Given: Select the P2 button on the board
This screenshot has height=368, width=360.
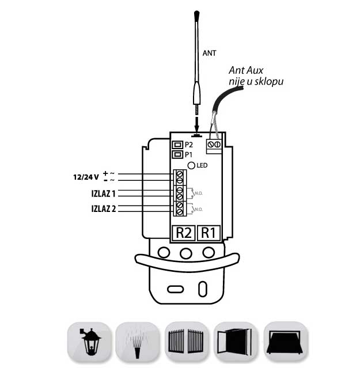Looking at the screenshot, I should coord(178,145).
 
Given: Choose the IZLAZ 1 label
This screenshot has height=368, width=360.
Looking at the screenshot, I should coord(103,193).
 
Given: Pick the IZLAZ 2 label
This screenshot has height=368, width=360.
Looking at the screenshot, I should coord(103,208).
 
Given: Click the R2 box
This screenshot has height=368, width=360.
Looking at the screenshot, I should coord(183,233).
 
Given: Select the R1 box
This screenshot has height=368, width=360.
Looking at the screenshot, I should coord(209,233).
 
